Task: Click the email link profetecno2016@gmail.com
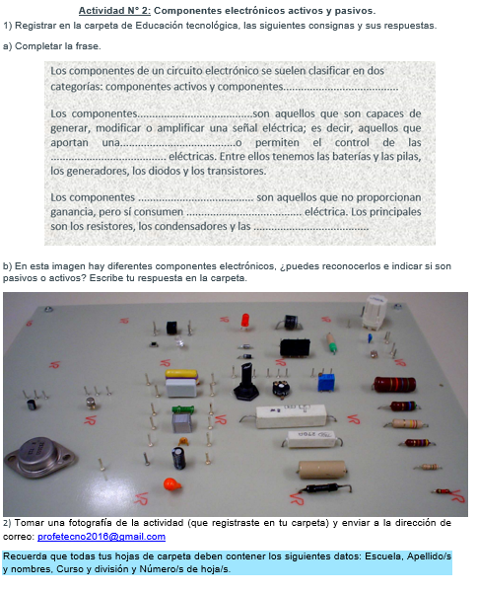click(x=102, y=537)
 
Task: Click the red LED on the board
click(x=245, y=322)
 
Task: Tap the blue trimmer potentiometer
click(x=326, y=382)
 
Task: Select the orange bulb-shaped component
click(x=171, y=484)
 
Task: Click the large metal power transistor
click(x=39, y=456)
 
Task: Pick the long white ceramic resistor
click(x=292, y=415)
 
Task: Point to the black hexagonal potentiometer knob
click(x=245, y=383)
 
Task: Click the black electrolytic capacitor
click(x=178, y=458)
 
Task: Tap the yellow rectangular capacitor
click(x=181, y=374)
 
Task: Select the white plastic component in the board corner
click(x=375, y=311)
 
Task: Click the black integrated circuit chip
click(x=295, y=347)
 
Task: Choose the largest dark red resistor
click(x=394, y=384)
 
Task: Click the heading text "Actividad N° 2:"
click(x=114, y=11)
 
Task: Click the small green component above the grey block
click(x=183, y=409)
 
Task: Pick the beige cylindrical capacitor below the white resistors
click(x=322, y=469)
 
